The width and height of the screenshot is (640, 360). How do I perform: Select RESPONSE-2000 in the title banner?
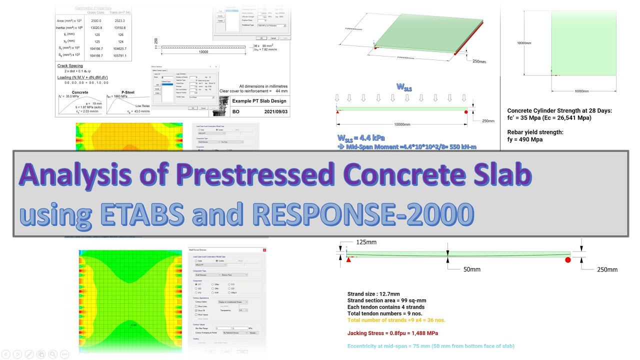coord(363,214)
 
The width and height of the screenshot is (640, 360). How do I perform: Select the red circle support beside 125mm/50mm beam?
coord(567,259)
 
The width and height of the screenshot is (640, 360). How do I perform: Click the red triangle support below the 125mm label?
coord(348,259)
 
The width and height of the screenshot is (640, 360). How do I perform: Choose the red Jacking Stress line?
coord(392,333)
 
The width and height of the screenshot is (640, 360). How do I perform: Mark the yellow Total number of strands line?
coord(396,320)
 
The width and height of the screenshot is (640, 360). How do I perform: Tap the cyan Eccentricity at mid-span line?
coord(430,346)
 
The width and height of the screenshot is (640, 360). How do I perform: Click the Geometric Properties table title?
coord(93,8)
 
